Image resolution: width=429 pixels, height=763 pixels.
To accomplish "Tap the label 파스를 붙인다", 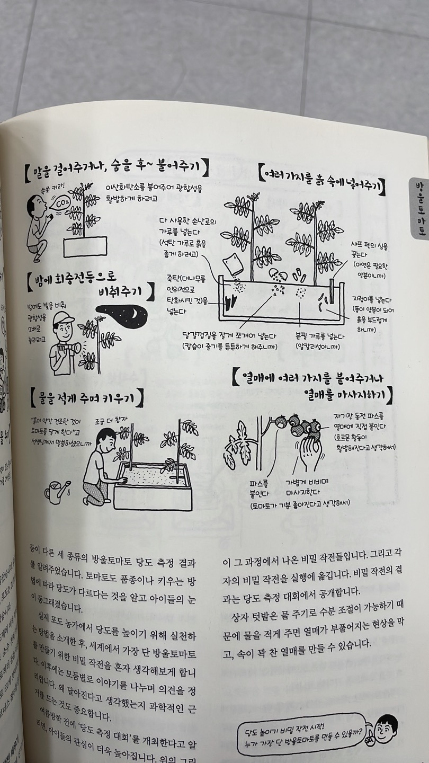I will (259, 487).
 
